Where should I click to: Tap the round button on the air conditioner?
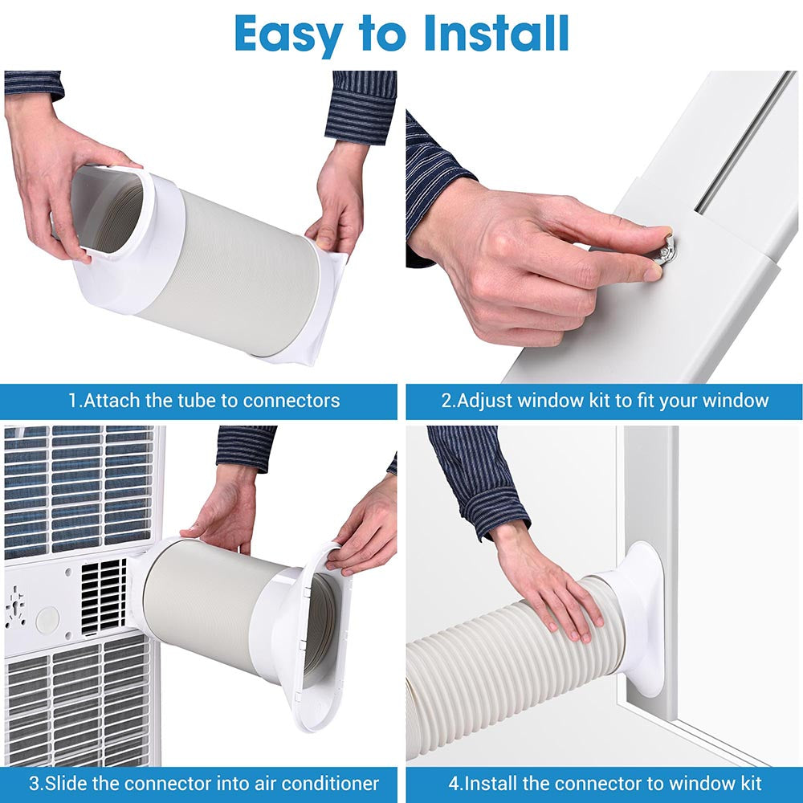[47, 618]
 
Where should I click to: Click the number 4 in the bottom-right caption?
[452, 782]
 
